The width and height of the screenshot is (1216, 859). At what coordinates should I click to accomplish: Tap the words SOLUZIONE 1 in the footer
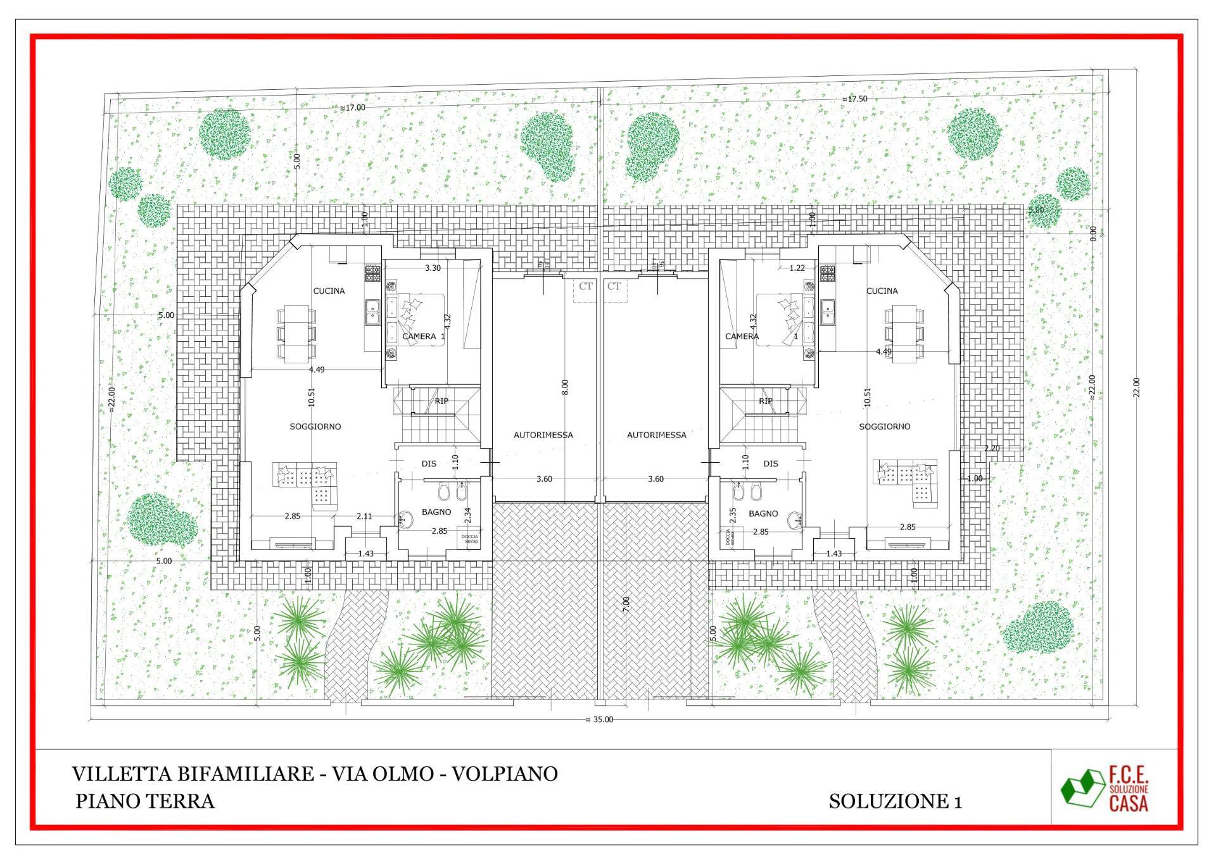click(895, 801)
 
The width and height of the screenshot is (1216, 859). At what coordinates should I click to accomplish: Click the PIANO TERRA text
click(145, 801)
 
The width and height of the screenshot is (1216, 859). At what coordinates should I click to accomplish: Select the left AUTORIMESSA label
click(543, 435)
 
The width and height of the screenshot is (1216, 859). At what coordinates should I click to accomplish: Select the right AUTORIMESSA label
click(656, 435)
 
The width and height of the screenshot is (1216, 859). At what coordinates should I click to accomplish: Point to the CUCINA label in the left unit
click(329, 291)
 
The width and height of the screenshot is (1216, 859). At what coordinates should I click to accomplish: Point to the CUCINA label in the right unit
click(882, 291)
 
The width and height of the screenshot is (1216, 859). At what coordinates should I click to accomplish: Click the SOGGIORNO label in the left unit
click(315, 427)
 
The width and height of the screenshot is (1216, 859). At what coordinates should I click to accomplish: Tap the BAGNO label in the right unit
click(763, 513)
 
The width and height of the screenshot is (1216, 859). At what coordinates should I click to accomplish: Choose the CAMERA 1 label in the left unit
click(423, 336)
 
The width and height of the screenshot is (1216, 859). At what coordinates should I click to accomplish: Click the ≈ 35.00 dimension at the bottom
click(599, 719)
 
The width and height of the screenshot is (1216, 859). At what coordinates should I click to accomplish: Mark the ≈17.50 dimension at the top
click(854, 99)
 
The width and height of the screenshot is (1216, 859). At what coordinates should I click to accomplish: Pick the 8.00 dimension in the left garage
click(565, 387)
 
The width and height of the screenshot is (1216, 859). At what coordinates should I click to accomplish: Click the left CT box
click(585, 287)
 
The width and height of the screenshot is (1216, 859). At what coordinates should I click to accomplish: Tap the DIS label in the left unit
click(429, 463)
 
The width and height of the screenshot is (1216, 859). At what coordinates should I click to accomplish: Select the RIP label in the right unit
click(765, 401)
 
